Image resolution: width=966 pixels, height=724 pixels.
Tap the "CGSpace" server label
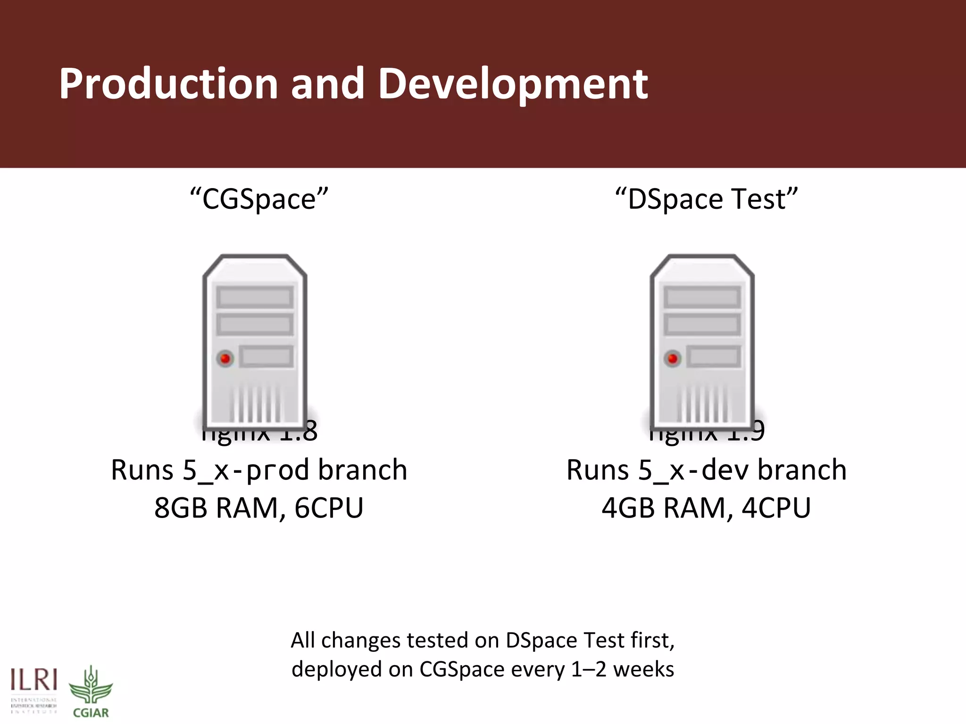[x=258, y=199]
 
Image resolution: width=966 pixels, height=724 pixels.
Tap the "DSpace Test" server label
[x=706, y=199]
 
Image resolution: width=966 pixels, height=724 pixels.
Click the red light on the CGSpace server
[x=225, y=359]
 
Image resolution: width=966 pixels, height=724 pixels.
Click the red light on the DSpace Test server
[x=673, y=359]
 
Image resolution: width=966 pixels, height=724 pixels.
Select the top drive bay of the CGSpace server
[x=255, y=297]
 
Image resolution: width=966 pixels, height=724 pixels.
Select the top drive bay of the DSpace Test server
[x=702, y=297]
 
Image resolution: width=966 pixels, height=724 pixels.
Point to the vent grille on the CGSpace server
[x=255, y=403]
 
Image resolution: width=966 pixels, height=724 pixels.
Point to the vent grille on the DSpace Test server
[x=702, y=403]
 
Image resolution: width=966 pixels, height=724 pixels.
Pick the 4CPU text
[x=776, y=508]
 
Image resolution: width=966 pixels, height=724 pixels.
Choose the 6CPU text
[x=329, y=508]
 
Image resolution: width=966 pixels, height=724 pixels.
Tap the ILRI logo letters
[x=34, y=681]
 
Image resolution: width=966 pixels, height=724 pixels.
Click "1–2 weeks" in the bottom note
[x=622, y=669]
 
